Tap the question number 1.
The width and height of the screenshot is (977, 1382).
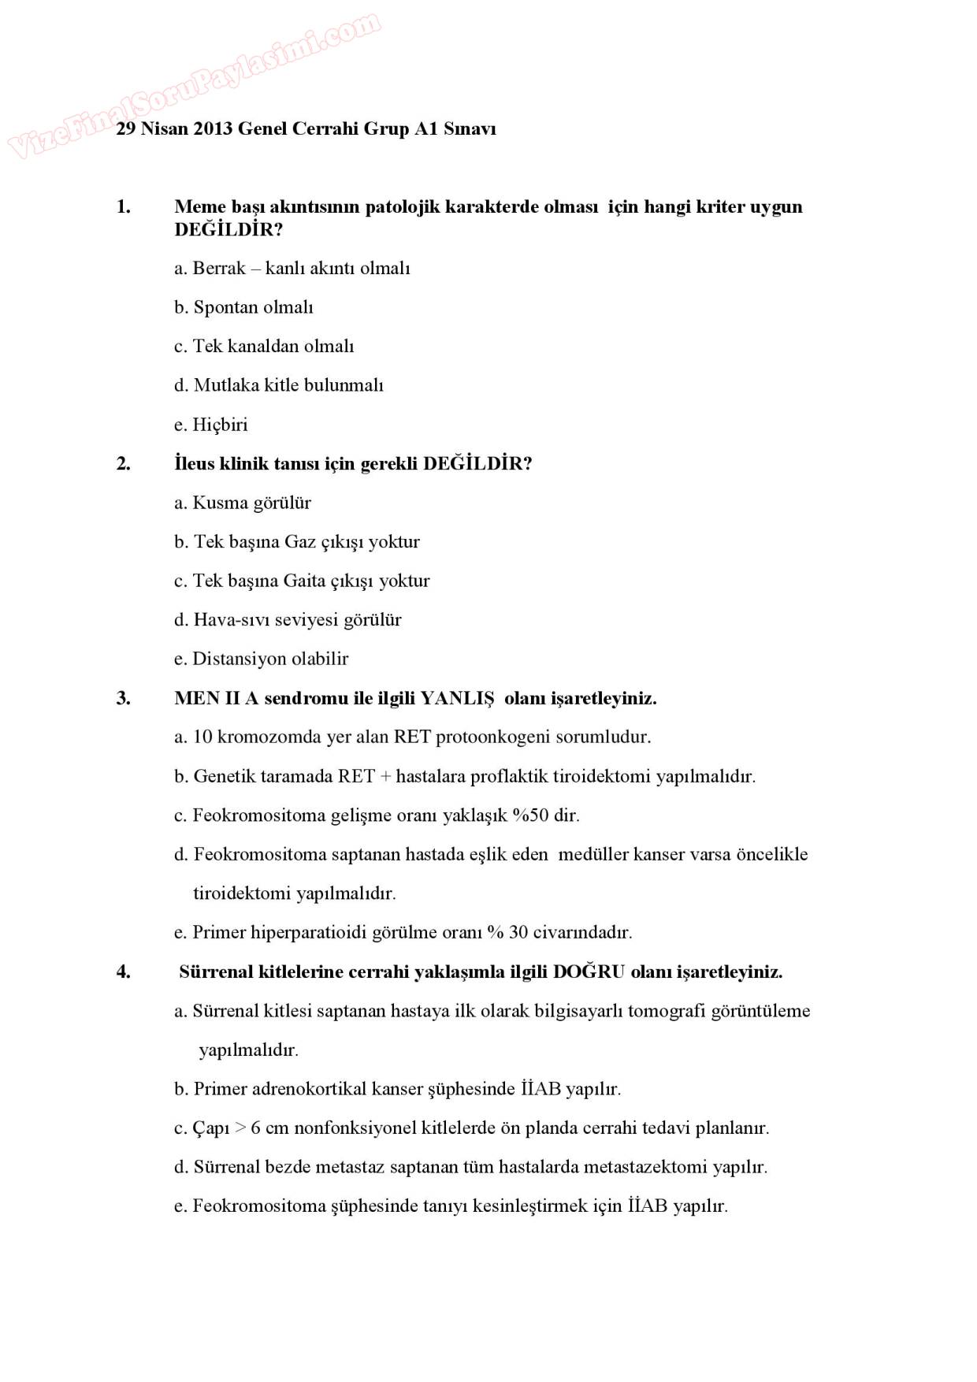click(123, 207)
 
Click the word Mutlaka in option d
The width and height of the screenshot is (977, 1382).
click(226, 385)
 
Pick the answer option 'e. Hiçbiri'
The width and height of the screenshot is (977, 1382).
click(211, 425)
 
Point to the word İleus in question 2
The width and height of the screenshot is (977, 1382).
click(195, 463)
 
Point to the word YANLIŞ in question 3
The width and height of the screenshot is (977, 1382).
click(457, 698)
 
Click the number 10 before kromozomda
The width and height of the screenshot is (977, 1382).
click(202, 737)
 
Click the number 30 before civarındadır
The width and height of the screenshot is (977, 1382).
click(518, 933)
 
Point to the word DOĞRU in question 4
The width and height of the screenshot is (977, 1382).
click(588, 972)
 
